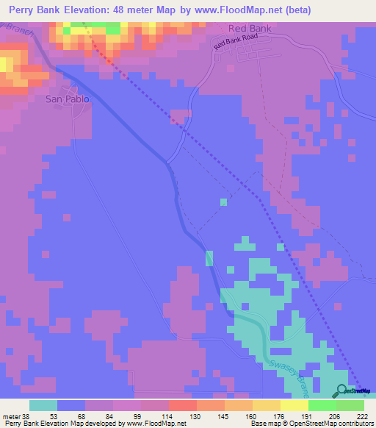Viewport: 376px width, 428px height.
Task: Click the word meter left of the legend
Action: click(13, 416)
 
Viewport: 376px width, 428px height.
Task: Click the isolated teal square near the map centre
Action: click(223, 201)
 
